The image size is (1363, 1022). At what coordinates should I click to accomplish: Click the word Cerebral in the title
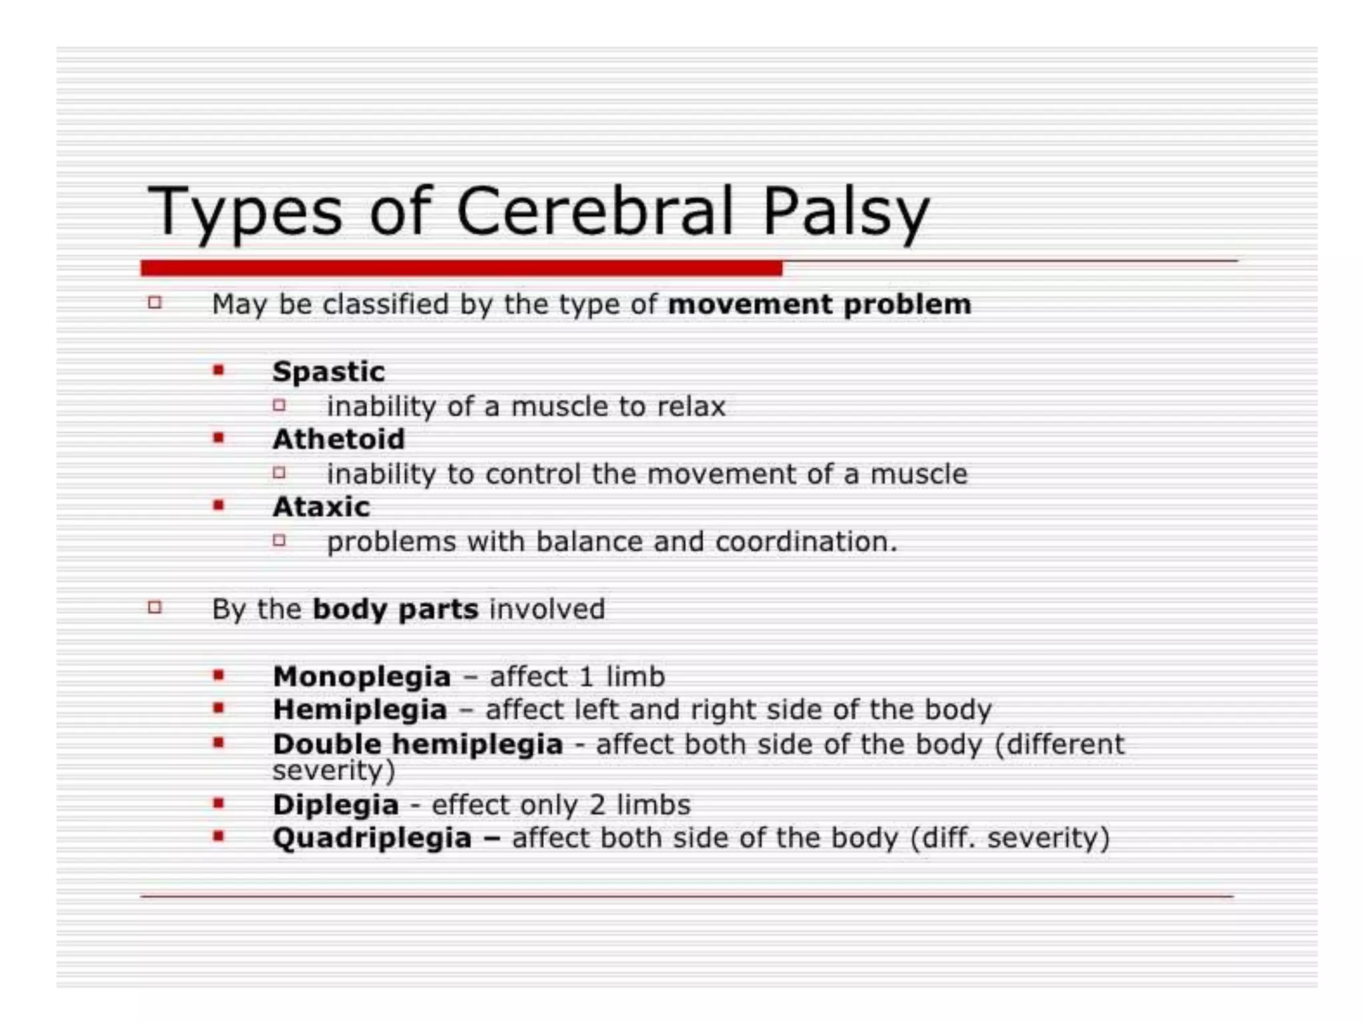click(594, 212)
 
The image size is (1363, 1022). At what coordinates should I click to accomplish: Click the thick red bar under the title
click(461, 268)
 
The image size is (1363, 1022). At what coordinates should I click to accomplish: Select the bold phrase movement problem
click(819, 304)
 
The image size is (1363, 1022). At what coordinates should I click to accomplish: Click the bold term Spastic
click(329, 371)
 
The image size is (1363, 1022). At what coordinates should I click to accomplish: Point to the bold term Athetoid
click(339, 439)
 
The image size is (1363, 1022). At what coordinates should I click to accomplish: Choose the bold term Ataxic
click(321, 507)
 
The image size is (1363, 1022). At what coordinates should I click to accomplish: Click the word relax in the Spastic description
click(691, 407)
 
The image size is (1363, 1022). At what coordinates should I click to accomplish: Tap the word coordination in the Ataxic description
click(806, 542)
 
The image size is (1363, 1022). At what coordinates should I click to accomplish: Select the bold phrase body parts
click(395, 609)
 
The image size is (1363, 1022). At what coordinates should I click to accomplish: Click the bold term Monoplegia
click(362, 677)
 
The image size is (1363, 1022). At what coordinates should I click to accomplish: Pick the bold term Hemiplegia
click(360, 710)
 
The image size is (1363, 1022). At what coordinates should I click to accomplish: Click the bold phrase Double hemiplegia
click(418, 744)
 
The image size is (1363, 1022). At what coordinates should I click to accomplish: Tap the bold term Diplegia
click(336, 805)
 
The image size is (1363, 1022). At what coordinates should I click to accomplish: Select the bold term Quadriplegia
click(372, 838)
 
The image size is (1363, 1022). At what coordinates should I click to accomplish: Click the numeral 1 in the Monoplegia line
click(586, 677)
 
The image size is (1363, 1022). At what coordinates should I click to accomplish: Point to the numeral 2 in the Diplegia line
click(598, 805)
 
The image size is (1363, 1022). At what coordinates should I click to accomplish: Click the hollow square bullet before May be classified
click(155, 303)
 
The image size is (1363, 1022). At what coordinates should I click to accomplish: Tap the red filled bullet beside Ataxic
click(218, 506)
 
